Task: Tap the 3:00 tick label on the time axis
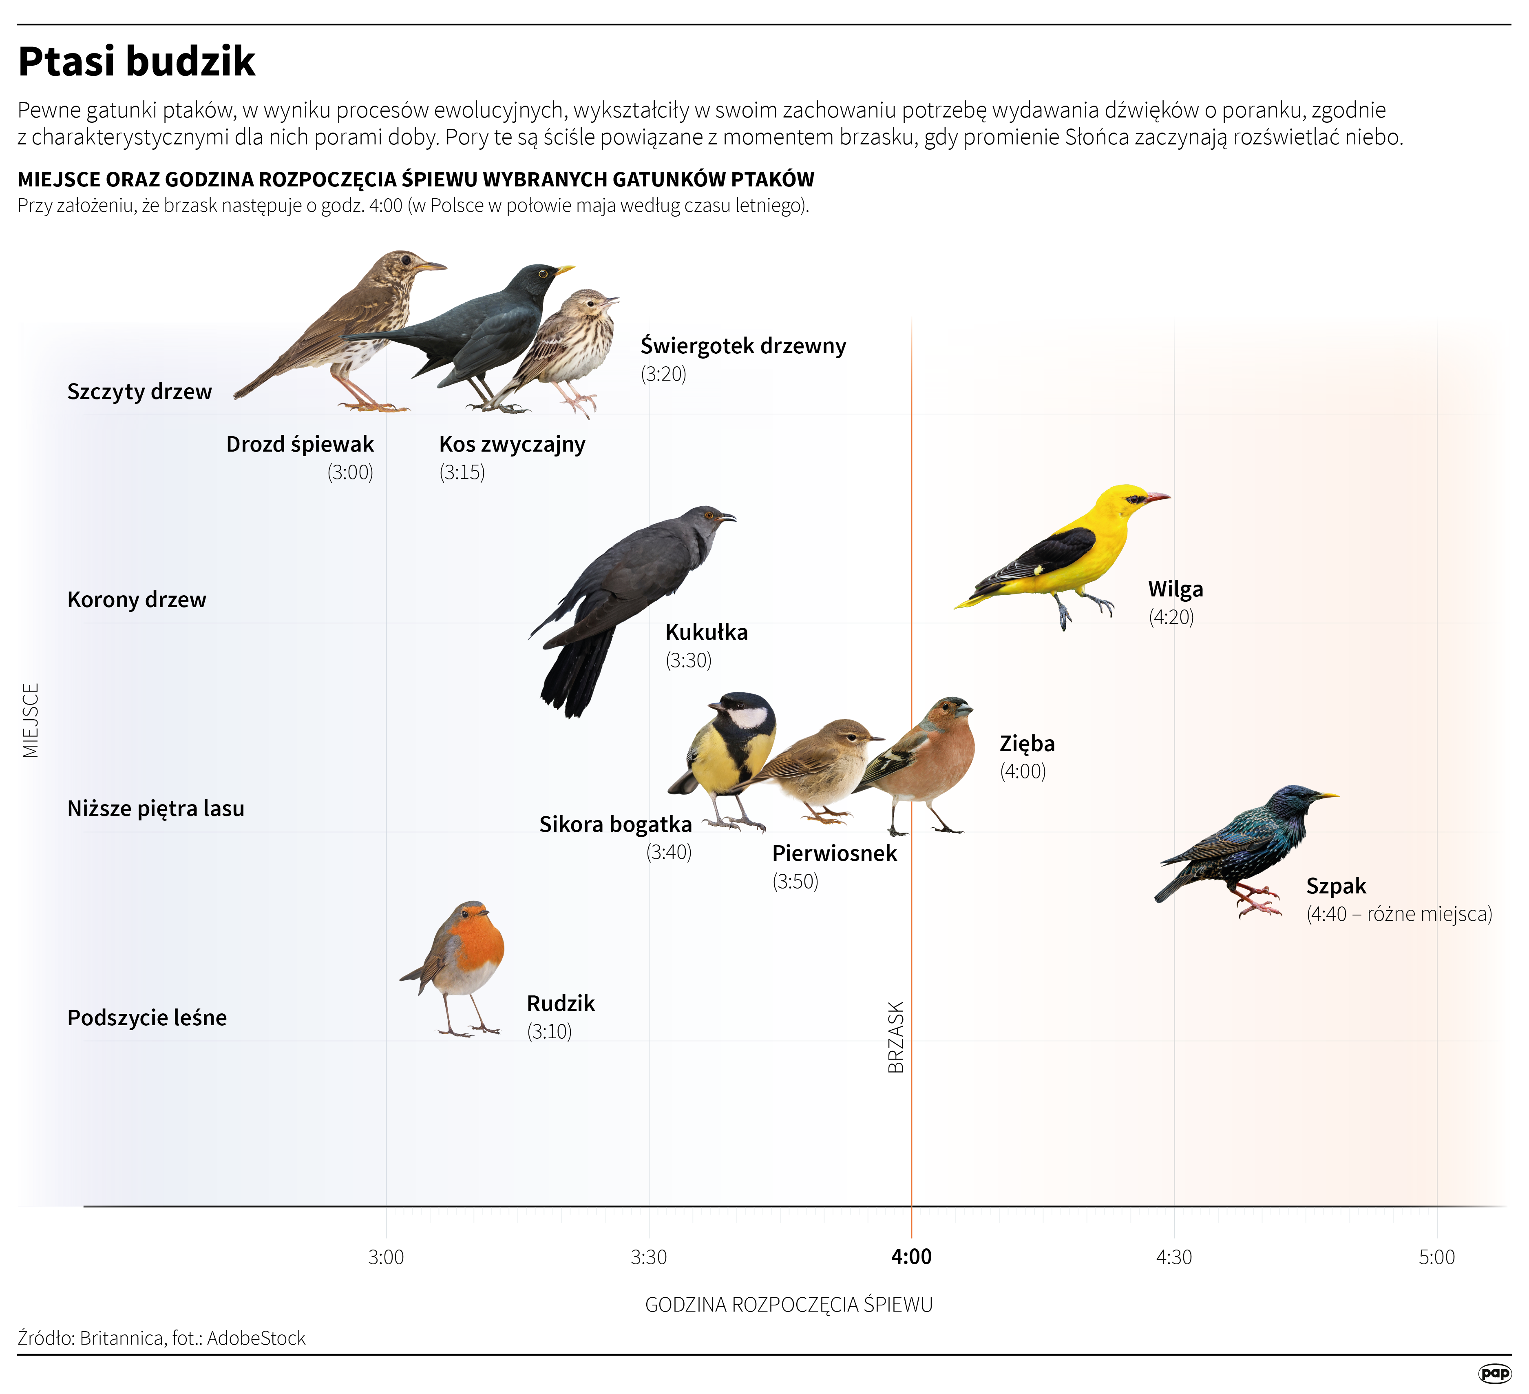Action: click(x=386, y=1257)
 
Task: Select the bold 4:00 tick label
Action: click(x=911, y=1257)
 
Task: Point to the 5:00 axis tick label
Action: click(x=1436, y=1257)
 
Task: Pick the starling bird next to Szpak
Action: click(x=1251, y=842)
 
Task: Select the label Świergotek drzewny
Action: click(x=743, y=346)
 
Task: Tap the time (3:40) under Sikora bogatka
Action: click(x=669, y=852)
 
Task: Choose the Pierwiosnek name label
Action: click(x=834, y=854)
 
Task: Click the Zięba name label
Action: click(x=1027, y=744)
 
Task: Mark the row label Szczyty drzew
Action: click(x=139, y=392)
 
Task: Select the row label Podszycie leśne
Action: click(x=147, y=1017)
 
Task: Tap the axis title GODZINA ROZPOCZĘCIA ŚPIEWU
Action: click(x=789, y=1305)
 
